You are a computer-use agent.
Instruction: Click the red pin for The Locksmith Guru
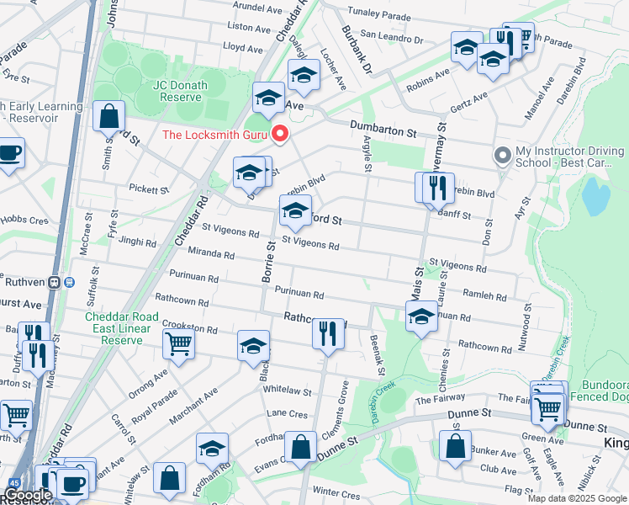[x=280, y=134]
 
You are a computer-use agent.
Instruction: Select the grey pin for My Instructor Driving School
[x=502, y=156]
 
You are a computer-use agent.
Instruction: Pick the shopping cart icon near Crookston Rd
[x=179, y=343]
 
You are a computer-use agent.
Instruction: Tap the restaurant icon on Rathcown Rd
[x=328, y=332]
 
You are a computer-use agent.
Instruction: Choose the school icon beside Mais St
[x=421, y=317]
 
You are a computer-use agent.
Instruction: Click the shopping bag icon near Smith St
[x=109, y=116]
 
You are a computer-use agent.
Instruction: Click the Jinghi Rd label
[x=137, y=242]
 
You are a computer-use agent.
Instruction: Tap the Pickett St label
[x=149, y=189]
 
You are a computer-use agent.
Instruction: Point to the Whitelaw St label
[x=288, y=391]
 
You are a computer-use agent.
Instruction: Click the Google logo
[x=27, y=495]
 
